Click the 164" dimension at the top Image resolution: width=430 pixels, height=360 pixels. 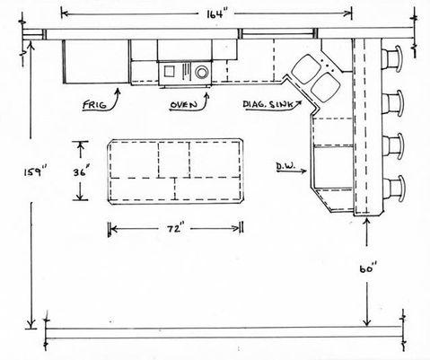[x=215, y=14]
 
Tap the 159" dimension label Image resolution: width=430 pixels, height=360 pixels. [x=36, y=172]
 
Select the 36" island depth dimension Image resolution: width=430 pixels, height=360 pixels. [x=81, y=172]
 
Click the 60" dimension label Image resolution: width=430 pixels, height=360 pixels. [x=368, y=268]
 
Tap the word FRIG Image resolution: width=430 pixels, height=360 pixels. [x=94, y=105]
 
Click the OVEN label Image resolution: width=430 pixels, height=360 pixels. [x=184, y=105]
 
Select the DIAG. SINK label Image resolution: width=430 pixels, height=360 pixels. [x=268, y=104]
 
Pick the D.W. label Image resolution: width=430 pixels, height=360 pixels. [x=285, y=166]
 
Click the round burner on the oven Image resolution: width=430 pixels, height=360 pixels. [x=202, y=72]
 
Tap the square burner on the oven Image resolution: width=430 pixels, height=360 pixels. [x=169, y=71]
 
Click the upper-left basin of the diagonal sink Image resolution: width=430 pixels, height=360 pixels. [x=306, y=68]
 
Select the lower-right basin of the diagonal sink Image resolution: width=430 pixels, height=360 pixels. [x=325, y=87]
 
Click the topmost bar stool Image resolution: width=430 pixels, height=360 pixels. [x=393, y=59]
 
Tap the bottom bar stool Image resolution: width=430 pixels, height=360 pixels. [x=393, y=189]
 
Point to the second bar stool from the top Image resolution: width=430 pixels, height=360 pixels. [x=393, y=103]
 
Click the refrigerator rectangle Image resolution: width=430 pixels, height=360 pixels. [x=96, y=62]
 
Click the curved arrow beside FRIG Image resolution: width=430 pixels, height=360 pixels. [x=115, y=101]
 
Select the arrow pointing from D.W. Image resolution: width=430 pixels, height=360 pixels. [x=291, y=171]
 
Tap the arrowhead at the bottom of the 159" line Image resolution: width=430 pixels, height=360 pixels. [x=31, y=324]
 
